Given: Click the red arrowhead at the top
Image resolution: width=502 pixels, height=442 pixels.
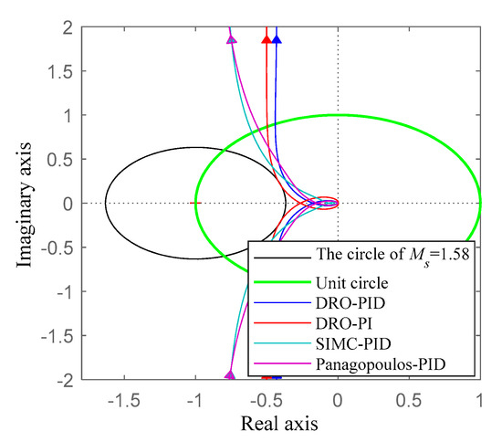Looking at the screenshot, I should click(267, 39).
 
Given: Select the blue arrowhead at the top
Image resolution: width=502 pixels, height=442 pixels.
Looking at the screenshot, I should click(277, 39).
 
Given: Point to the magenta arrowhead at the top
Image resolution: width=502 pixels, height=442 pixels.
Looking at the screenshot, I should click(231, 39).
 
